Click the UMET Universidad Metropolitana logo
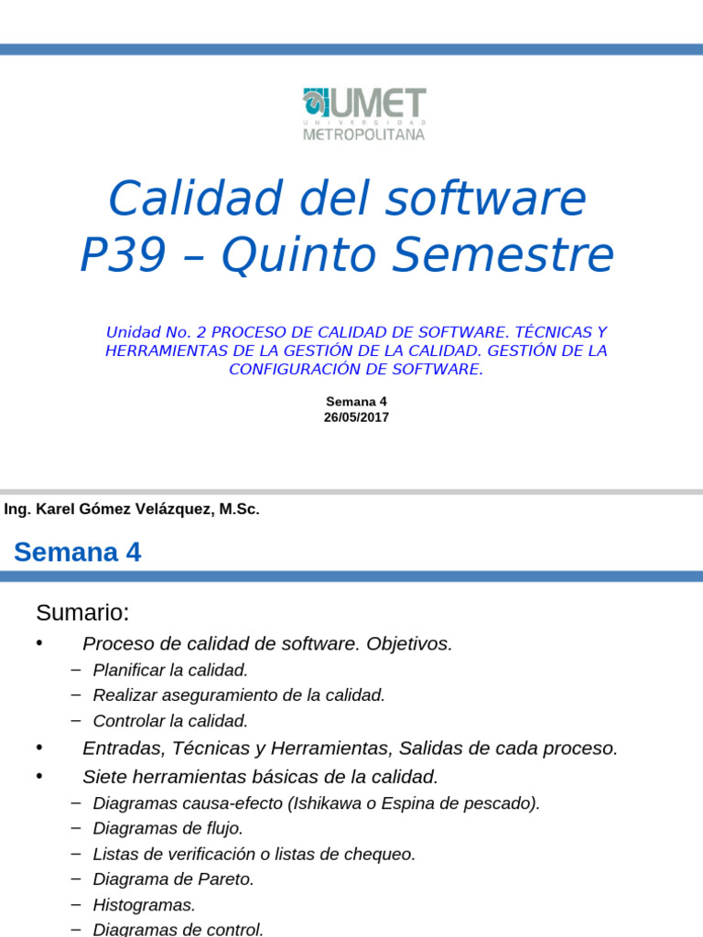coord(363,114)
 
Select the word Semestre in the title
coord(526,255)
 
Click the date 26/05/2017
coord(356,417)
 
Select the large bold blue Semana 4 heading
coord(78,553)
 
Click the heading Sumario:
coord(82,612)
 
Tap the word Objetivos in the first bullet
coord(408,644)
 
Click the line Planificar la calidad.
coord(170,670)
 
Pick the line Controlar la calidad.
coord(170,721)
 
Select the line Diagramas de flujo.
coord(168,828)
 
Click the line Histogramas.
coord(144,905)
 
